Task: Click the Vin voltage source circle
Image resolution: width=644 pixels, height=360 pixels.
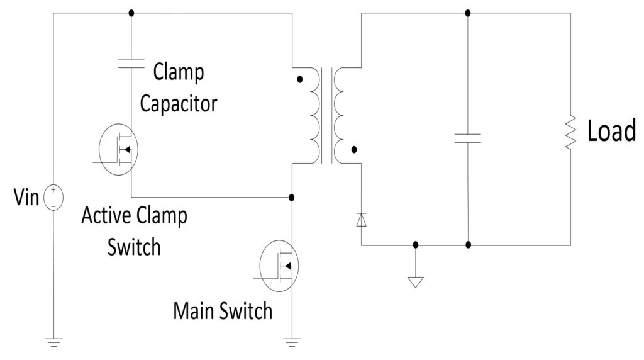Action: (x=54, y=198)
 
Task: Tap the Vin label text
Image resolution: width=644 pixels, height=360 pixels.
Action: (x=26, y=198)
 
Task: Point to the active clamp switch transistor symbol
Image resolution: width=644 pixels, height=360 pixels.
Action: (x=119, y=149)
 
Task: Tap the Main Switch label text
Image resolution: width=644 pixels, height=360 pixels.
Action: (x=223, y=310)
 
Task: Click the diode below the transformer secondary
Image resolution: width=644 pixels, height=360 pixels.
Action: (x=361, y=220)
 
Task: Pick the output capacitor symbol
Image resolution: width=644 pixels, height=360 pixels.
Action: (x=467, y=138)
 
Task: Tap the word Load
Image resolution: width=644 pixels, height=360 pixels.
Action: (x=611, y=132)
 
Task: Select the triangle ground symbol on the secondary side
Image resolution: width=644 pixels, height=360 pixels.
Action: (x=415, y=281)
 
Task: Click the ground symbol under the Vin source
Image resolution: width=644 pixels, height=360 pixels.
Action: (x=54, y=342)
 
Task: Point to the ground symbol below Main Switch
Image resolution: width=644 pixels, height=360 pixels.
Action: (x=291, y=342)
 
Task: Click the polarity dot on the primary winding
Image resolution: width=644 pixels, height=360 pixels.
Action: (x=299, y=80)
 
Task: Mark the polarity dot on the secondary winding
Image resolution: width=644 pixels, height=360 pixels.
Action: (x=353, y=150)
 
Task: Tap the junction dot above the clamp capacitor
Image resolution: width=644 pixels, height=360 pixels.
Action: (x=131, y=13)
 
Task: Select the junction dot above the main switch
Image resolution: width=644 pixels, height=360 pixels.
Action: (x=291, y=197)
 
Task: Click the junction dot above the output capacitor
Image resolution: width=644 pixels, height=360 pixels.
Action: (x=467, y=13)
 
